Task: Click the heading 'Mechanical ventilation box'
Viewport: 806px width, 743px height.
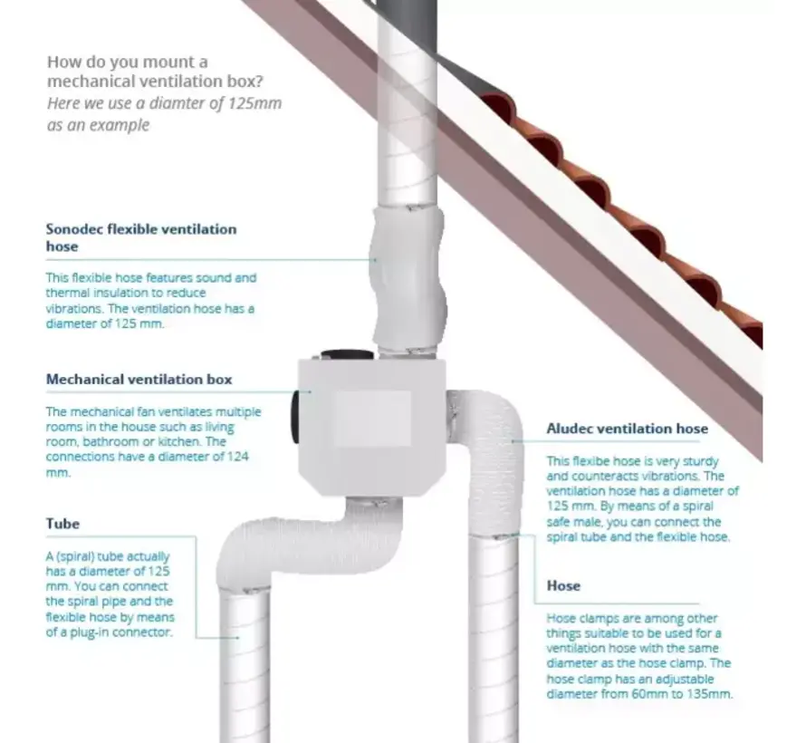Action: pyautogui.click(x=139, y=380)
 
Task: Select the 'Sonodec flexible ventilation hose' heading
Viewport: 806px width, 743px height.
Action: pyautogui.click(x=141, y=237)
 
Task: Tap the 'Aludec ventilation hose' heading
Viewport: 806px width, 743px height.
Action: pyautogui.click(x=627, y=429)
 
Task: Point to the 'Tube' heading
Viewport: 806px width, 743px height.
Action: pyautogui.click(x=62, y=524)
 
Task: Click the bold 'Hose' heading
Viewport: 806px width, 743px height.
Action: pyautogui.click(x=563, y=585)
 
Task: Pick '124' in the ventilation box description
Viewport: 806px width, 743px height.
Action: pyautogui.click(x=237, y=457)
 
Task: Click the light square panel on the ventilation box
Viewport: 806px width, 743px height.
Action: pyautogui.click(x=372, y=419)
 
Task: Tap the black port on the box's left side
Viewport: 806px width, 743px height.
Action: pyautogui.click(x=297, y=417)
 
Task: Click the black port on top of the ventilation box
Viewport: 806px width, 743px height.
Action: pyautogui.click(x=348, y=355)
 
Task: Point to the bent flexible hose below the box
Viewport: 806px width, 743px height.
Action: pyautogui.click(x=309, y=545)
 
